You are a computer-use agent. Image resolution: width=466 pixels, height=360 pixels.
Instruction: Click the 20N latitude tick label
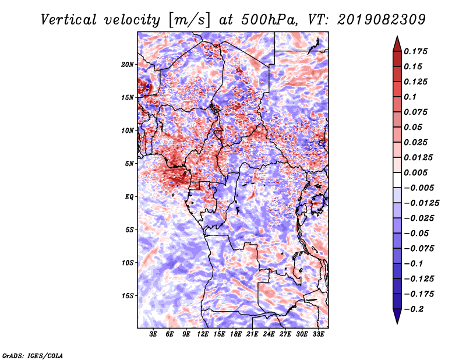(128, 64)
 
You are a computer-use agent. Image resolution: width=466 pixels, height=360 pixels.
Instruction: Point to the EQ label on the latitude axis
(129, 197)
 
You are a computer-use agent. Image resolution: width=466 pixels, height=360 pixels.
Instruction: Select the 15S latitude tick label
(128, 296)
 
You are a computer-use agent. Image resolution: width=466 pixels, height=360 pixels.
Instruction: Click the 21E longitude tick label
(253, 334)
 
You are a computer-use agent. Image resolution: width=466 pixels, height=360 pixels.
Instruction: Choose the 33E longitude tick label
(319, 334)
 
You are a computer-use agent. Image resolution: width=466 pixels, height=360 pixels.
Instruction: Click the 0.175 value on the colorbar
(418, 51)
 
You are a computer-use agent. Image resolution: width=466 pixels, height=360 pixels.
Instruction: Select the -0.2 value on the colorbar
(415, 309)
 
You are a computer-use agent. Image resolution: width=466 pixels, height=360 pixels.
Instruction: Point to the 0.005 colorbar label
(418, 173)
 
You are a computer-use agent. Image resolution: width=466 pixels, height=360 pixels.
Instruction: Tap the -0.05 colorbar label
(418, 233)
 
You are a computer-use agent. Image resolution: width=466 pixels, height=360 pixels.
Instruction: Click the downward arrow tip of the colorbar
(396, 322)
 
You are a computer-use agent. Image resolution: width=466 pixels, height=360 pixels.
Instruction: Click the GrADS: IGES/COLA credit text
(33, 355)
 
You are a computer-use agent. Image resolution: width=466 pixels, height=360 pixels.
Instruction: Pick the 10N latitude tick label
(128, 130)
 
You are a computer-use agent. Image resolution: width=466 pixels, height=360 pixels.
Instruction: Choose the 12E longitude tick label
(203, 334)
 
